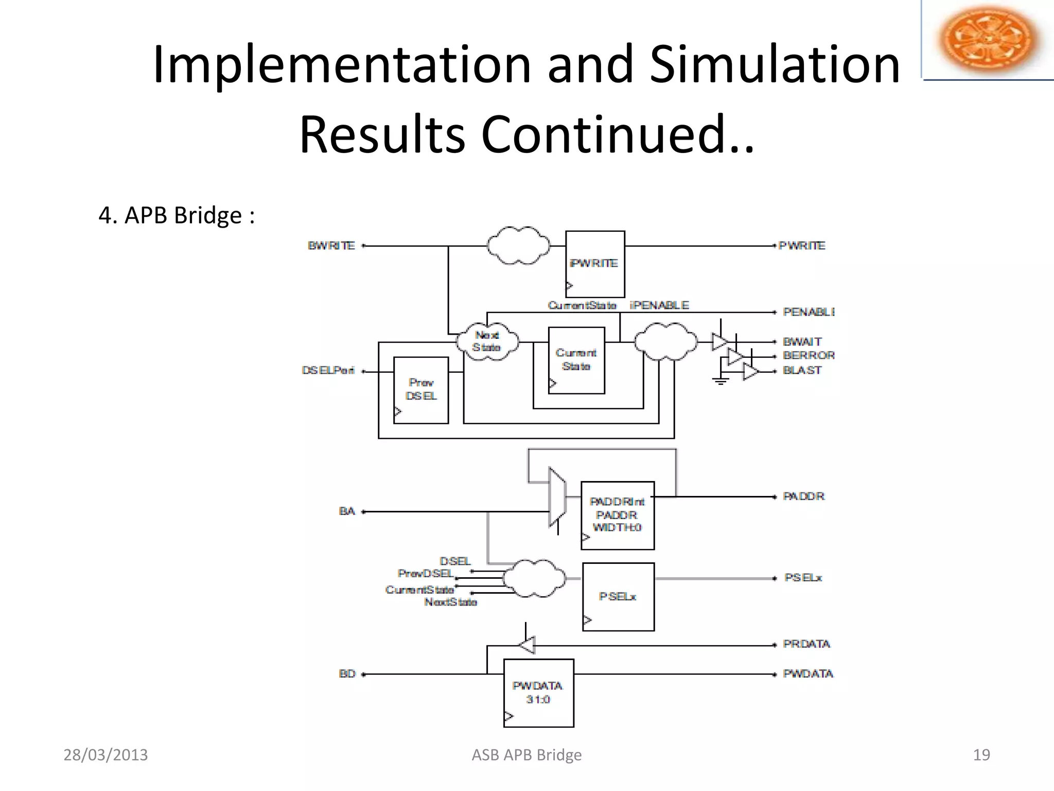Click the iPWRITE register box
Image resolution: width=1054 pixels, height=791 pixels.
[x=595, y=264]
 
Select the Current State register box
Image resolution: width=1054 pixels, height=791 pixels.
[x=576, y=360]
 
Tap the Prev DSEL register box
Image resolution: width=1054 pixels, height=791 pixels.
[x=421, y=390]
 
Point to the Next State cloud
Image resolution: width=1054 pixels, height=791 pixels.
[x=487, y=341]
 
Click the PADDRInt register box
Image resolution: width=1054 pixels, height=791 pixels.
[x=618, y=515]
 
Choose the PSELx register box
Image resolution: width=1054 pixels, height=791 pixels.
[x=618, y=596]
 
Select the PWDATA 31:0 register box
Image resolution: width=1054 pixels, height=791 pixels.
[x=538, y=693]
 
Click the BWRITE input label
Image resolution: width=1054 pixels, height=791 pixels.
[x=331, y=246]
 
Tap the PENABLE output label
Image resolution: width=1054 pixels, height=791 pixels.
[x=808, y=312]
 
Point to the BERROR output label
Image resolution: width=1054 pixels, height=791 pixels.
[x=809, y=355]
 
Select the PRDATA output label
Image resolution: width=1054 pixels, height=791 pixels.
[x=806, y=644]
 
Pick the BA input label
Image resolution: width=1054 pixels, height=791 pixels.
[x=347, y=511]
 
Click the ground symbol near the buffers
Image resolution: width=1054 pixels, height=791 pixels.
[x=721, y=381]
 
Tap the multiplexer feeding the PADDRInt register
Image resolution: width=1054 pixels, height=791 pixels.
[x=557, y=497]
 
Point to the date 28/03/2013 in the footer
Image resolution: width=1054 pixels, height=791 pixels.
[x=106, y=755]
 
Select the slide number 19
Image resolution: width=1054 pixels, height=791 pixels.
[x=981, y=755]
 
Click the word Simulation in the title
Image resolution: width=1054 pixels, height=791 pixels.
[x=775, y=64]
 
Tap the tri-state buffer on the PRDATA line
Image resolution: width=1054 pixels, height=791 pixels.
[x=527, y=645]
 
